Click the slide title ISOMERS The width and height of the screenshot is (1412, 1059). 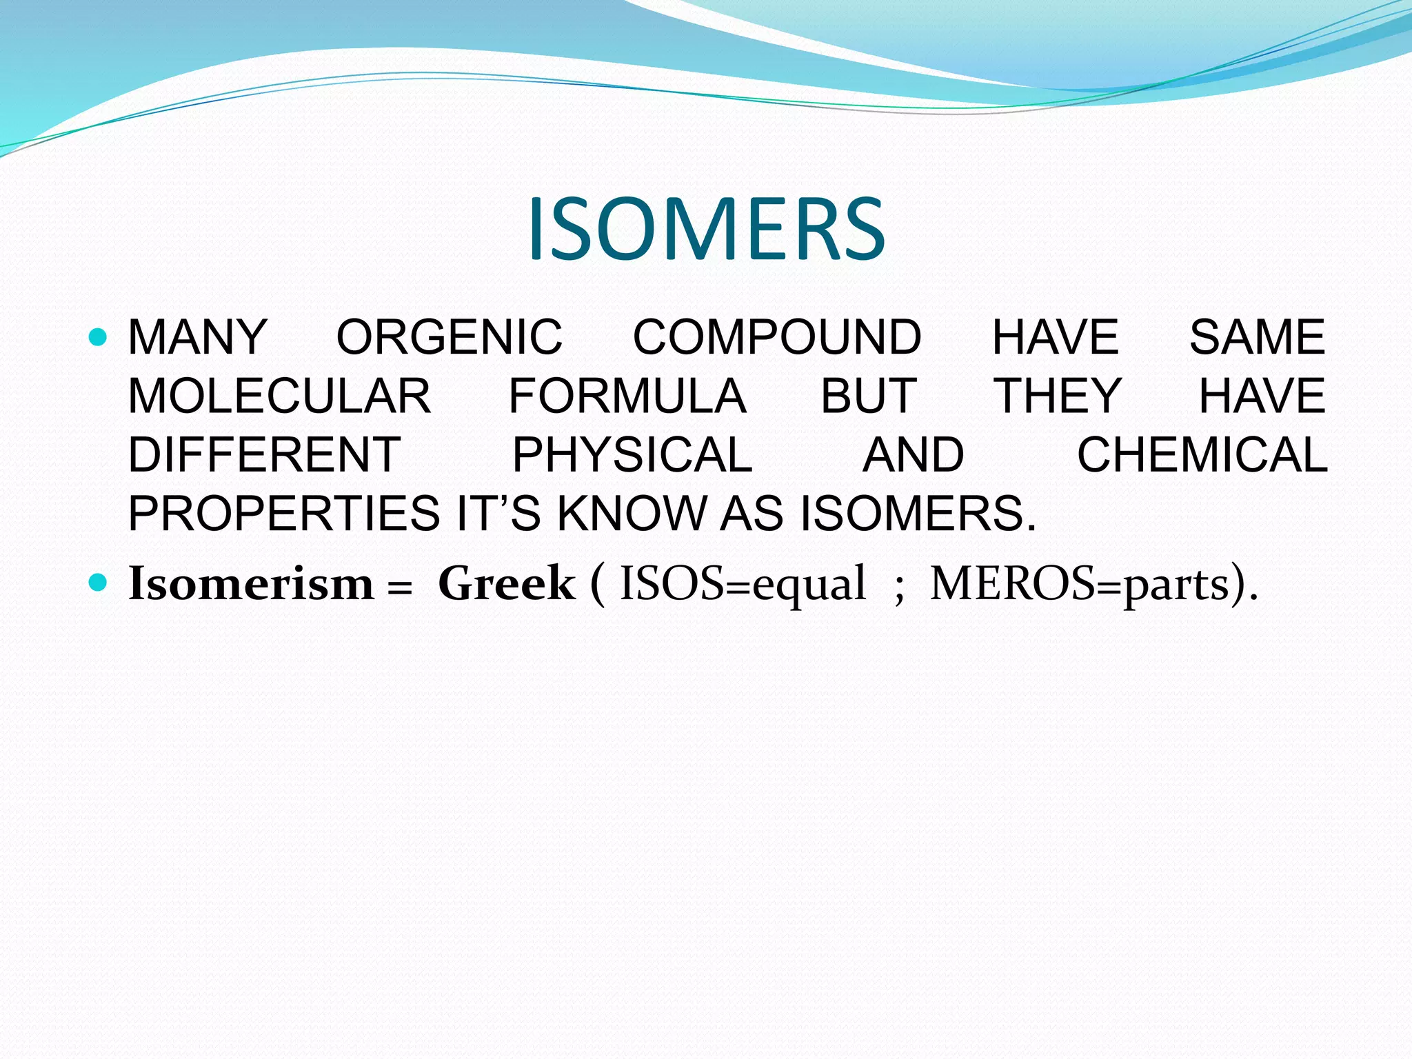click(706, 229)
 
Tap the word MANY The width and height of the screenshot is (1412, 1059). click(198, 337)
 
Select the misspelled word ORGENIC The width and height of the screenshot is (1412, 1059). click(449, 337)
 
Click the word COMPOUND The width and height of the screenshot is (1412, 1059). click(777, 337)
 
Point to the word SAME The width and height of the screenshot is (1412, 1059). click(1257, 337)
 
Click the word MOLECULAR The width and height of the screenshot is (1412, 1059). click(279, 396)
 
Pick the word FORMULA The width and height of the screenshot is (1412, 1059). click(627, 396)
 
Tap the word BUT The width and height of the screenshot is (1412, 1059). click(869, 396)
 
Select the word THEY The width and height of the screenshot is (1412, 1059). click(1058, 396)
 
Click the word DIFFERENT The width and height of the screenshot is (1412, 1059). click(265, 455)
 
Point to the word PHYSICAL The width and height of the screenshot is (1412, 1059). click(632, 455)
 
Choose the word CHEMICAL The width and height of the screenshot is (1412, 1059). click(1202, 455)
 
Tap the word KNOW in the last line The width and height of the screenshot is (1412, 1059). click(631, 514)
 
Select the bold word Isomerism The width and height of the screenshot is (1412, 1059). click(251, 584)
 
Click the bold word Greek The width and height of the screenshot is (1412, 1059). click(506, 584)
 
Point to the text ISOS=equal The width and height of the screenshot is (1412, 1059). click(743, 584)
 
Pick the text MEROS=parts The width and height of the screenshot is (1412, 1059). click(1080, 584)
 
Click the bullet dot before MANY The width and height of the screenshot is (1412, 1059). click(99, 337)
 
